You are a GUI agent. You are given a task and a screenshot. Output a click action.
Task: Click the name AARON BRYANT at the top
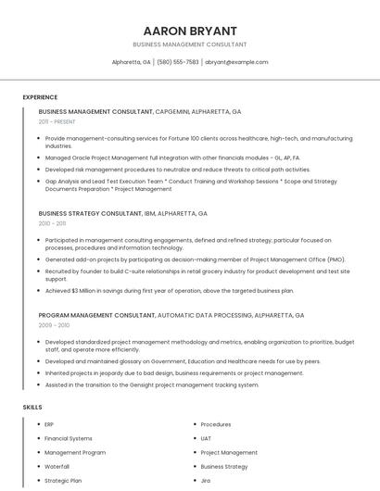[190, 31]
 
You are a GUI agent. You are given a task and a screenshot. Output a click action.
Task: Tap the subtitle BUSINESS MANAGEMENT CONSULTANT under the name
[190, 44]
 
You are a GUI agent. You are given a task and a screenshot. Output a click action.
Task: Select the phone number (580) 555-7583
[178, 62]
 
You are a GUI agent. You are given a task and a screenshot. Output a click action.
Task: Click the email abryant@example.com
[236, 62]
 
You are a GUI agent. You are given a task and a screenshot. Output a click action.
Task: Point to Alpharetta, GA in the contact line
[132, 62]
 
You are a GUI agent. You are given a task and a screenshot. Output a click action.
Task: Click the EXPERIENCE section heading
[40, 97]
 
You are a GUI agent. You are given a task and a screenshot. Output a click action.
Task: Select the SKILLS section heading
[32, 407]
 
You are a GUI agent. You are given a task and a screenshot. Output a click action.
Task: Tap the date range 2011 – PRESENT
[57, 121]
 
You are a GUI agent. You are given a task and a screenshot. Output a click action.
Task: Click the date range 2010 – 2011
[52, 223]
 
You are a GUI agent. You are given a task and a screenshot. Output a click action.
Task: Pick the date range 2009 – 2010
[54, 325]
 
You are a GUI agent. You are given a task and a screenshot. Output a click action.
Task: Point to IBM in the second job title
[151, 213]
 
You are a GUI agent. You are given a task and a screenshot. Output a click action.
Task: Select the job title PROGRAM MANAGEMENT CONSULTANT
[96, 315]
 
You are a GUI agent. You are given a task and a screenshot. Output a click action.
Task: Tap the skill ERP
[49, 424]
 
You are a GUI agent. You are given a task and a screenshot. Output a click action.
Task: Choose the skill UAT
[207, 438]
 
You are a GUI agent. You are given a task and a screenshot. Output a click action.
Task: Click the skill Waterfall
[57, 467]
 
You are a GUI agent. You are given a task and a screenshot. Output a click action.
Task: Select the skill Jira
[206, 481]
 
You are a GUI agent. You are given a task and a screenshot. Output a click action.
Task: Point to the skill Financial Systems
[69, 438]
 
